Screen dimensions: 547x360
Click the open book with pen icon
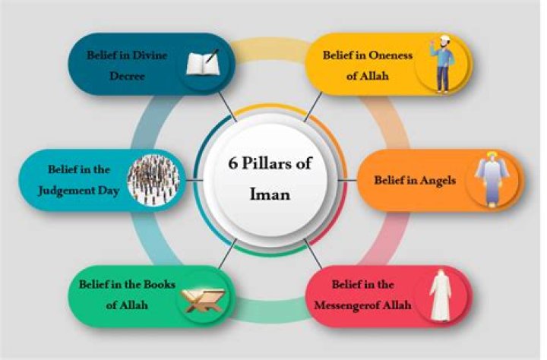(x=203, y=62)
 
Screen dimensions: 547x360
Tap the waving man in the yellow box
(x=442, y=64)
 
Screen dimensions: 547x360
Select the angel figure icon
(x=492, y=178)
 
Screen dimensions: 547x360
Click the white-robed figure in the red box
(x=441, y=295)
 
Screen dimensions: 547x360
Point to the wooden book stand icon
(x=202, y=299)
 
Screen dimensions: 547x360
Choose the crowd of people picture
(x=153, y=179)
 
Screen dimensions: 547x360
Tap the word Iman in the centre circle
(x=270, y=194)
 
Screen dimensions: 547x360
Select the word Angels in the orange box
(x=438, y=181)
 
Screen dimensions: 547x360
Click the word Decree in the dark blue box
(x=127, y=76)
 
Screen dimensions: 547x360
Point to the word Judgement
(x=66, y=191)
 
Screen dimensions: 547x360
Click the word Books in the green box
(x=160, y=284)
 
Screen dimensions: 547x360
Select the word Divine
(x=150, y=55)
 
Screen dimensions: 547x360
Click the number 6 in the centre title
(x=232, y=163)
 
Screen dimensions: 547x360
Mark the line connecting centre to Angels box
(x=348, y=180)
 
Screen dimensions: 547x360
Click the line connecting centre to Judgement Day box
(x=194, y=180)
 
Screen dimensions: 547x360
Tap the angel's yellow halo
(x=492, y=154)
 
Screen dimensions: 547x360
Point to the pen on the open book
(x=212, y=55)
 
